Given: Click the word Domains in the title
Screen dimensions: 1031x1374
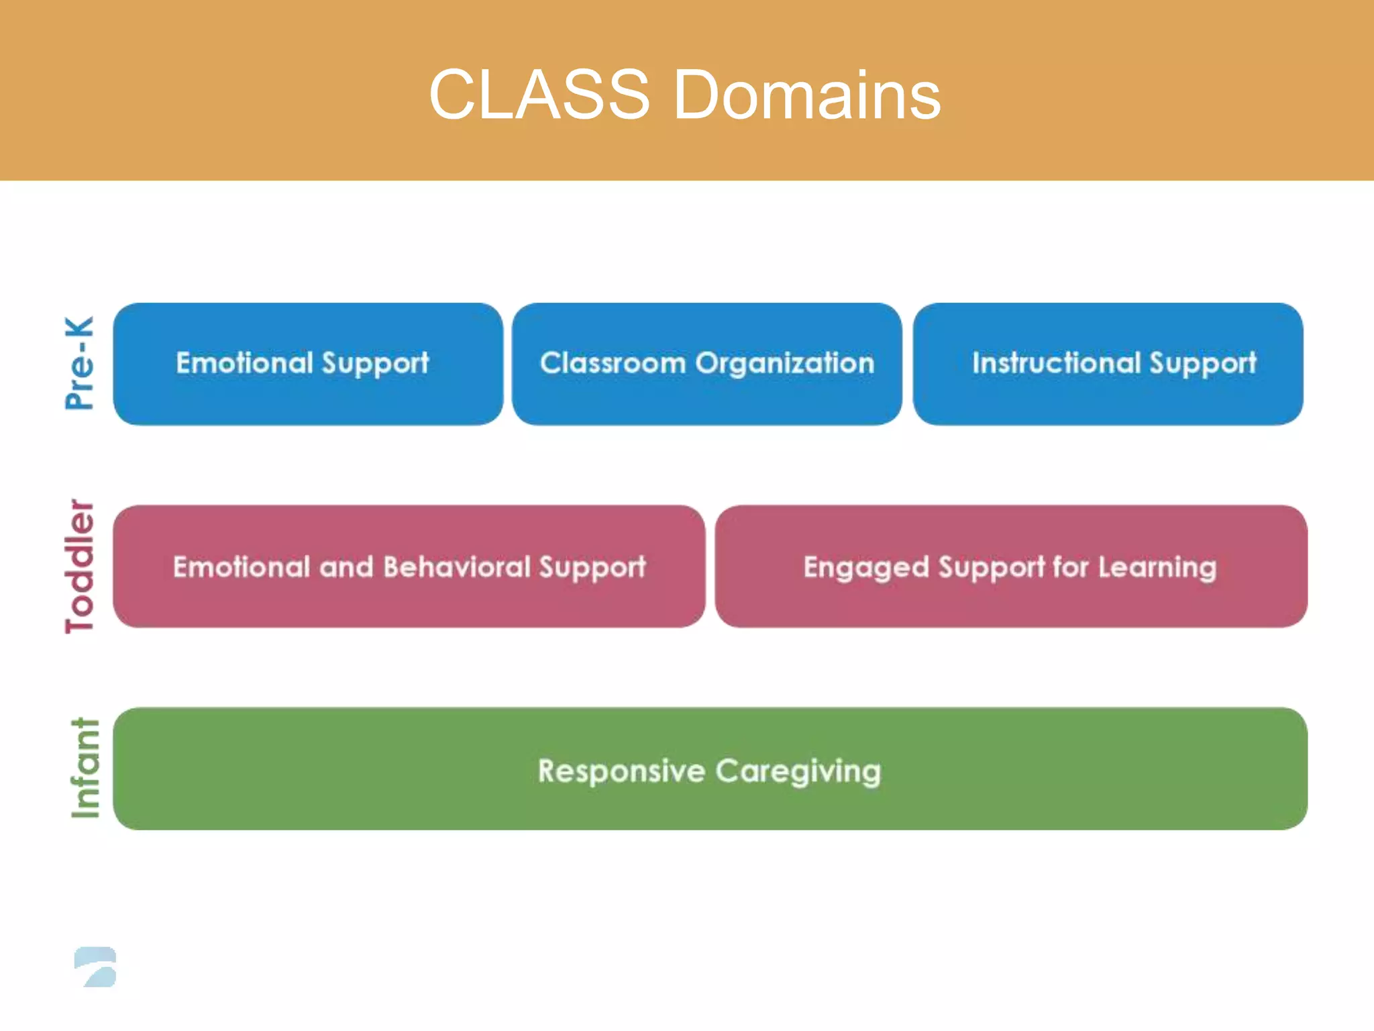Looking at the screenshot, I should click(806, 95).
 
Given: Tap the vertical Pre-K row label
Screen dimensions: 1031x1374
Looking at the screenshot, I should click(80, 363).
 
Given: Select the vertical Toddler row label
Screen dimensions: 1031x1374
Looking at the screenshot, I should click(80, 566).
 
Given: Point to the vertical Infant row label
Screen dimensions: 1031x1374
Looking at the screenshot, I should click(85, 769).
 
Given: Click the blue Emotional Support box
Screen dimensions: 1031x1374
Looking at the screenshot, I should click(308, 364).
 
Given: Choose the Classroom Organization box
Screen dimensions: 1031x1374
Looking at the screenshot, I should click(707, 364).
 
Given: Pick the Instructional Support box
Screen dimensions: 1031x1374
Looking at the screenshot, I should click(1108, 364).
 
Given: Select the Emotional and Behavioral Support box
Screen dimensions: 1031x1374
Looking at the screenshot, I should click(409, 567).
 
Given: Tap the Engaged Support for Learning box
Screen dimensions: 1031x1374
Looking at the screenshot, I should click(1010, 567).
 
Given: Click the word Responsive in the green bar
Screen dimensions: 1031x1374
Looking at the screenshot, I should click(621, 771).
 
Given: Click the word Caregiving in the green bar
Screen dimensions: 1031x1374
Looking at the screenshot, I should click(798, 771).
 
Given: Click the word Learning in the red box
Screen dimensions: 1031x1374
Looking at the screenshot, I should click(1157, 568).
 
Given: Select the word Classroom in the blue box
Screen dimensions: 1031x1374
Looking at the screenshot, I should click(613, 363).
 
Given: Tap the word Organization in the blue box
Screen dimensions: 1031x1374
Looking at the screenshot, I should click(784, 363).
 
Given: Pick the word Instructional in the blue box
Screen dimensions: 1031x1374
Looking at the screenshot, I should click(1056, 363).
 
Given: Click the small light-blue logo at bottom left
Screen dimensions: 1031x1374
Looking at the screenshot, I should click(95, 967).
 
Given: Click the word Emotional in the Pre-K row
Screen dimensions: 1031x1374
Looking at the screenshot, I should click(244, 363).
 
